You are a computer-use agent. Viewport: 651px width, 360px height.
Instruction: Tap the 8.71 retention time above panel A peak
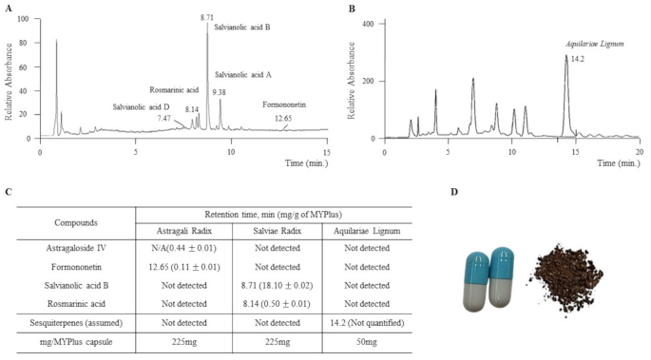207,17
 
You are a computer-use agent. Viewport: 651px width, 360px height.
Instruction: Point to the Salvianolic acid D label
141,107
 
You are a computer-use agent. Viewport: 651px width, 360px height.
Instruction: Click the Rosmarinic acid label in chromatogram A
173,89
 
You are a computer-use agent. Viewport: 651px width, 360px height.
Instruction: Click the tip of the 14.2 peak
566,56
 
